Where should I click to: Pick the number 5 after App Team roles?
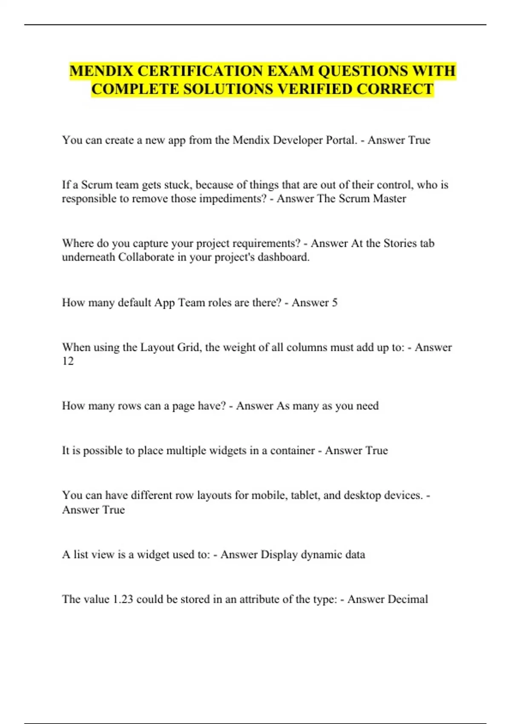(335, 303)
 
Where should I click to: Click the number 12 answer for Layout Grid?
(68, 361)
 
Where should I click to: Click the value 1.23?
(123, 599)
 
